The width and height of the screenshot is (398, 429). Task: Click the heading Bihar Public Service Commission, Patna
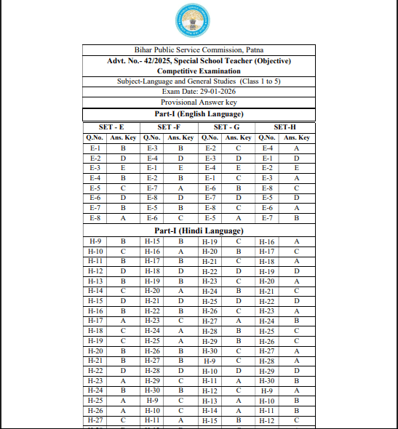[x=199, y=49]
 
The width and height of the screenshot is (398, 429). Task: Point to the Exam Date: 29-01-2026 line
[x=199, y=92]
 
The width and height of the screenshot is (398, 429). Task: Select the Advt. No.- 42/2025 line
[x=199, y=60]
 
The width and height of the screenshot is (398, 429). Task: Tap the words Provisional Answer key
[x=199, y=103]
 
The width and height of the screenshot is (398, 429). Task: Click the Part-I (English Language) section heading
[x=199, y=114]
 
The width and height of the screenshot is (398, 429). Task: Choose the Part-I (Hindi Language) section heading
[x=199, y=230]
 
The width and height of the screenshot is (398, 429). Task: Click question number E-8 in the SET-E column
[x=95, y=217]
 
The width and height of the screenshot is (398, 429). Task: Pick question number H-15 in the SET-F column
[x=152, y=241]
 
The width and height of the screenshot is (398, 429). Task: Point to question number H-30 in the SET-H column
[x=267, y=380]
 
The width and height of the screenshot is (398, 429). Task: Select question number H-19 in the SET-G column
[x=210, y=241]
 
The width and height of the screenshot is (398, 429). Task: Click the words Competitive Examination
[x=199, y=71]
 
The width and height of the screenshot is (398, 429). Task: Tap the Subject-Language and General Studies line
[x=199, y=81]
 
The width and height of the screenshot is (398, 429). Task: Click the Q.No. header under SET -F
[x=152, y=137]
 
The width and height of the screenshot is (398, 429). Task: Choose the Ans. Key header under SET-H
[x=296, y=137]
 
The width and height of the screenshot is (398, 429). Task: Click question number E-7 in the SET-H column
[x=267, y=217]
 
